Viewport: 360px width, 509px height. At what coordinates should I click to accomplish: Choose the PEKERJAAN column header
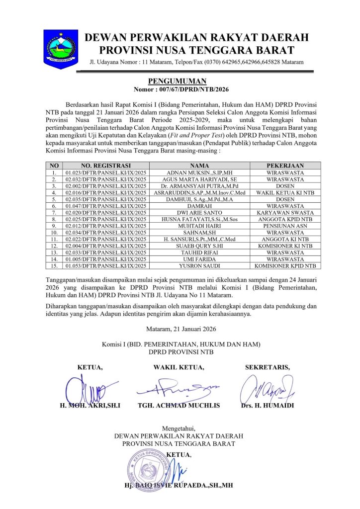(285, 166)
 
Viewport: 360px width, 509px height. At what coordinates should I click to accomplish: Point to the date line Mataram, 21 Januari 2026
(180, 329)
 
